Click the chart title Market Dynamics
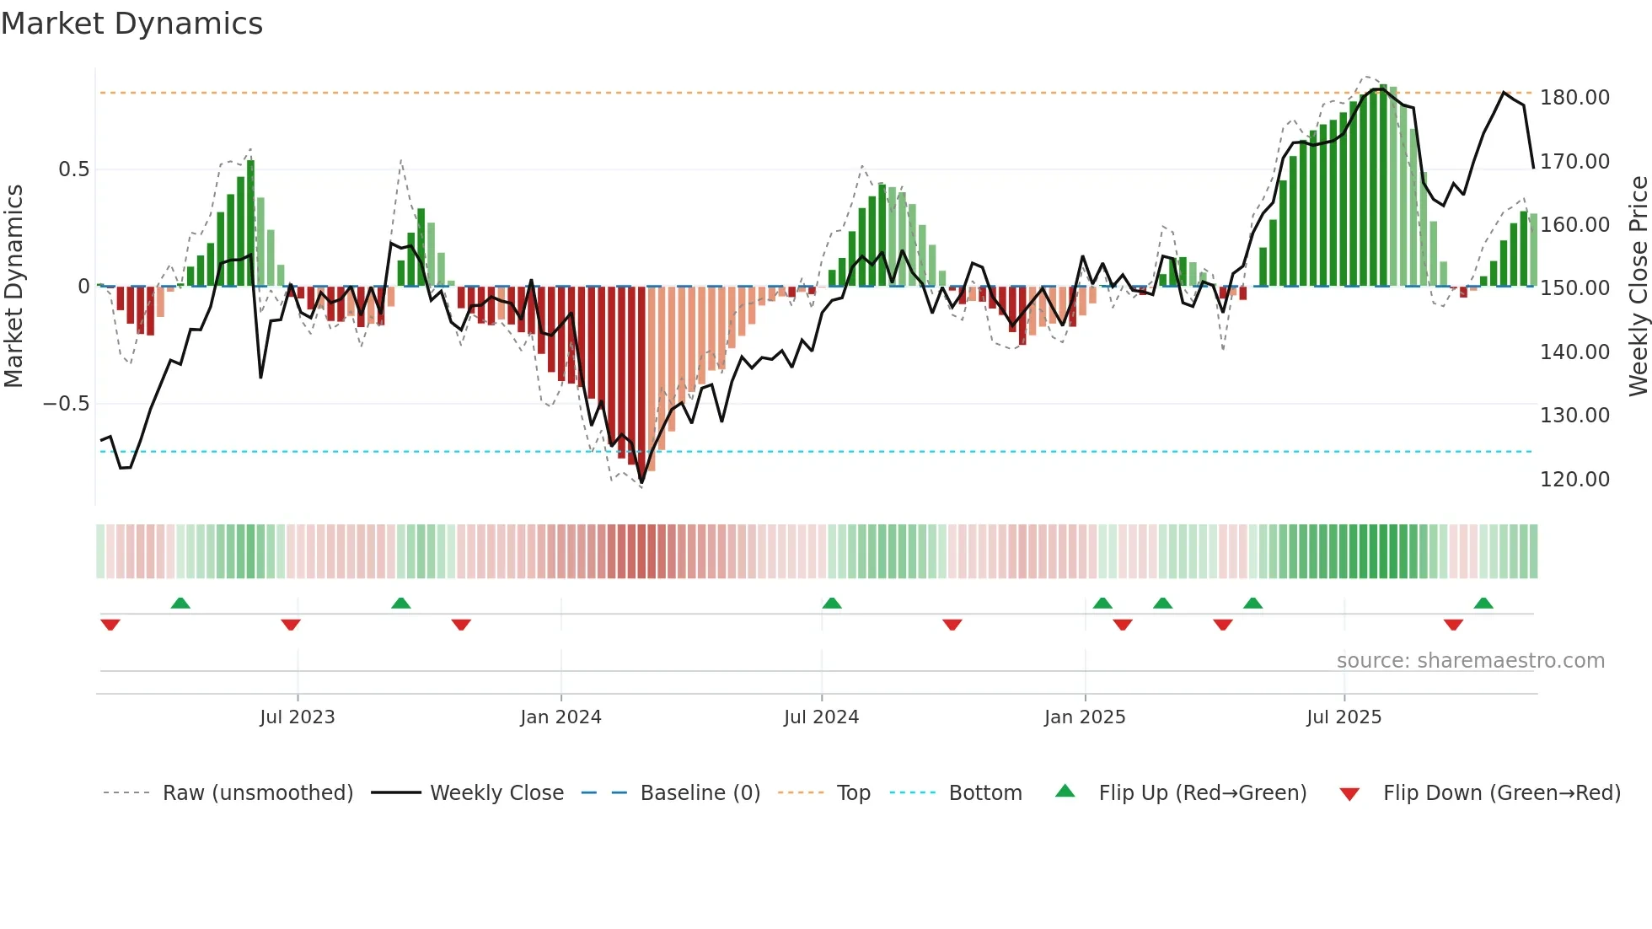(131, 24)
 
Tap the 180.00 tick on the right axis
(1574, 98)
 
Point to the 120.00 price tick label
(1574, 480)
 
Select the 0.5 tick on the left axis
(73, 169)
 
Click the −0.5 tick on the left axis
(66, 404)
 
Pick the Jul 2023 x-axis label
(297, 717)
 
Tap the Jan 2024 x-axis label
(560, 717)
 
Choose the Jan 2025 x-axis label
(1085, 717)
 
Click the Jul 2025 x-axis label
(1344, 717)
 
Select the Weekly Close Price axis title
(1638, 286)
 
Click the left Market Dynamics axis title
(13, 286)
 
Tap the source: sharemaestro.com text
(1470, 661)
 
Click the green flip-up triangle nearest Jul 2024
(832, 604)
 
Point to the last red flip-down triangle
(1453, 625)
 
